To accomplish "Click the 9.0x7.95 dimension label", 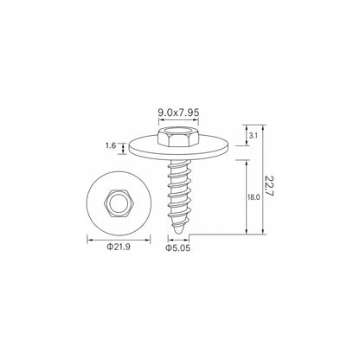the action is click(x=178, y=112).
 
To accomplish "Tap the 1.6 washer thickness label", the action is click(x=111, y=145).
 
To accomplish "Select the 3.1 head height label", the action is click(x=253, y=136).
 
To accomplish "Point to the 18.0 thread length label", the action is click(x=254, y=197).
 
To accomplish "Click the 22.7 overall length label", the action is click(x=269, y=186).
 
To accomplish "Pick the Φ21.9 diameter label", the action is click(x=119, y=247).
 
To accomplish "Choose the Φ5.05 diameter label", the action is click(x=178, y=248).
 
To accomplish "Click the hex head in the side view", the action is click(x=178, y=137).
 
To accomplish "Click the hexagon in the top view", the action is click(x=119, y=203).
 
